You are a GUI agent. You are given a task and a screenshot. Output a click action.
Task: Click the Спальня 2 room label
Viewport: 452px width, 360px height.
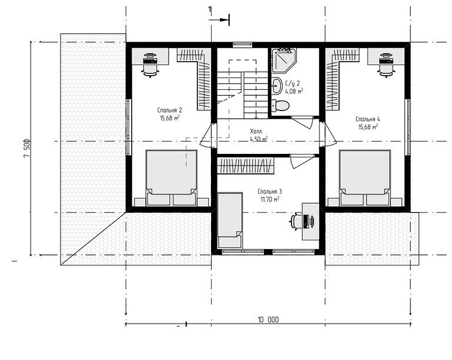pos(169,110)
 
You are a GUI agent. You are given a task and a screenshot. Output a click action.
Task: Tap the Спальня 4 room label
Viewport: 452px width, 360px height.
pos(368,119)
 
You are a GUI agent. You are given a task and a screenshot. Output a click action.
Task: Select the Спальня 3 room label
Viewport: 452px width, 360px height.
pos(270,191)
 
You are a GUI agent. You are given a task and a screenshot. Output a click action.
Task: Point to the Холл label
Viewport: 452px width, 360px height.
pos(256,132)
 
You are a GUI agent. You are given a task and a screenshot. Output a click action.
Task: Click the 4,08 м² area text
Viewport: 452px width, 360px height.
pos(294,91)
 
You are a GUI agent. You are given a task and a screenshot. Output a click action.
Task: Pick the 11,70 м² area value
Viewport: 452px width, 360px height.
pos(270,199)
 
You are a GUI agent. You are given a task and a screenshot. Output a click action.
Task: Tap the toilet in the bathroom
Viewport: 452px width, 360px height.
pos(280,105)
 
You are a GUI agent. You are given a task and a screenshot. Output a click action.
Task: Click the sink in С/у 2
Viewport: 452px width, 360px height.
pos(277,86)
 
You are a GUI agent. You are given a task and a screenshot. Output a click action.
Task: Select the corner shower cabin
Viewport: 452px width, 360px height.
pos(283,60)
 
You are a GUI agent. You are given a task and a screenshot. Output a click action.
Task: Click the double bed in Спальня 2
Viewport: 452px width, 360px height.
pos(172,177)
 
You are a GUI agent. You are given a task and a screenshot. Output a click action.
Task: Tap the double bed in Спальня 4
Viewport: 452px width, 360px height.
pos(365,177)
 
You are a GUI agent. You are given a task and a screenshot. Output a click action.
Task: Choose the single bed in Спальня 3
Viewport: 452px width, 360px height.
pos(230,220)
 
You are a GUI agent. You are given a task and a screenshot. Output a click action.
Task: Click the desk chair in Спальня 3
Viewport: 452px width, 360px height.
pos(296,221)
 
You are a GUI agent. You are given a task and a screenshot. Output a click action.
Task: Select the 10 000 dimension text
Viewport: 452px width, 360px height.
pos(268,319)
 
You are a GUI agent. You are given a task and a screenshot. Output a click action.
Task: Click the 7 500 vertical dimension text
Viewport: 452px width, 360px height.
pos(27,149)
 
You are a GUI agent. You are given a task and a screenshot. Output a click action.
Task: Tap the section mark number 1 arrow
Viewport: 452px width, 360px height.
pos(219,19)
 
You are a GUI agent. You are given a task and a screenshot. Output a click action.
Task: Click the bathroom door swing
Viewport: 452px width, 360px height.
pos(302,123)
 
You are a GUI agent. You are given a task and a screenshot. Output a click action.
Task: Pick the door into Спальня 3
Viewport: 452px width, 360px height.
pos(302,162)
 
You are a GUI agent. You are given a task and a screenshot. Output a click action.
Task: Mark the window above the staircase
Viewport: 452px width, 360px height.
pos(242,45)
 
